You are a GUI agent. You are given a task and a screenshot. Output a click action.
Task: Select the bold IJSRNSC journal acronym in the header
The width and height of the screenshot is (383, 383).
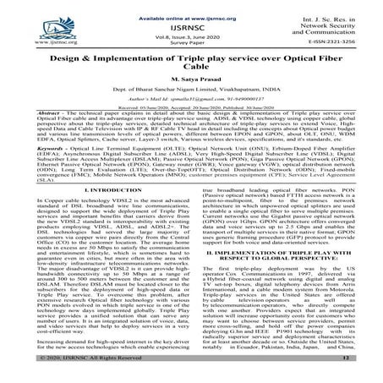tap(191, 26)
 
